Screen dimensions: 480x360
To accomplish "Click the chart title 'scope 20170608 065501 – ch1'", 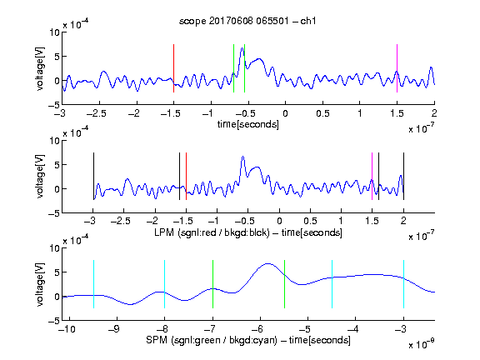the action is click(247, 21).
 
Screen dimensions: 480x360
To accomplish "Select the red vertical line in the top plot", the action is click(174, 68).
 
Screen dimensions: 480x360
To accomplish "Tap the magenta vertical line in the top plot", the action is click(397, 68).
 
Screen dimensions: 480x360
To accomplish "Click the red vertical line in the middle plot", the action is click(186, 177).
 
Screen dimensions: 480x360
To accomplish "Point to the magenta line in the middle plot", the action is click(372, 177).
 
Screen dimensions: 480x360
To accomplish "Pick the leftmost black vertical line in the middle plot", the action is click(93, 177).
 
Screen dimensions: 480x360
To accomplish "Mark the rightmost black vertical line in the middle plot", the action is click(404, 177).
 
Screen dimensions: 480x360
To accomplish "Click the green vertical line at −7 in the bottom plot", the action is click(212, 284).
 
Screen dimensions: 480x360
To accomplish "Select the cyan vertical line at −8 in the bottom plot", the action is click(165, 284).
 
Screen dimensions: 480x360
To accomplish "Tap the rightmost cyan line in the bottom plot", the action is click(404, 284).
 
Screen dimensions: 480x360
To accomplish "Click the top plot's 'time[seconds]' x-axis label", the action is click(248, 124).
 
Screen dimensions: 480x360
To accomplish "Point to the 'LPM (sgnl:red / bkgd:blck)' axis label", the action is click(212, 232).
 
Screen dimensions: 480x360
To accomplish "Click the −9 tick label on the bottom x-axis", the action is click(114, 329).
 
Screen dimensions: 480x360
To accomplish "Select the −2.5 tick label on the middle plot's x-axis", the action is click(121, 221).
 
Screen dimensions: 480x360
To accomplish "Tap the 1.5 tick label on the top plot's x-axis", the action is click(397, 113).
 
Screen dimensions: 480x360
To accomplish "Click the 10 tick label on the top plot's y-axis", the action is click(54, 32).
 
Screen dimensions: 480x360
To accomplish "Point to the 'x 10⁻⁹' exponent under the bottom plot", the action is click(421, 344).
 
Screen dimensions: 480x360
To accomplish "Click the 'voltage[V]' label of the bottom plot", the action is click(40, 284).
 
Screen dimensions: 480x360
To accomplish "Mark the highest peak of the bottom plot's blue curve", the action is click(268, 263).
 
